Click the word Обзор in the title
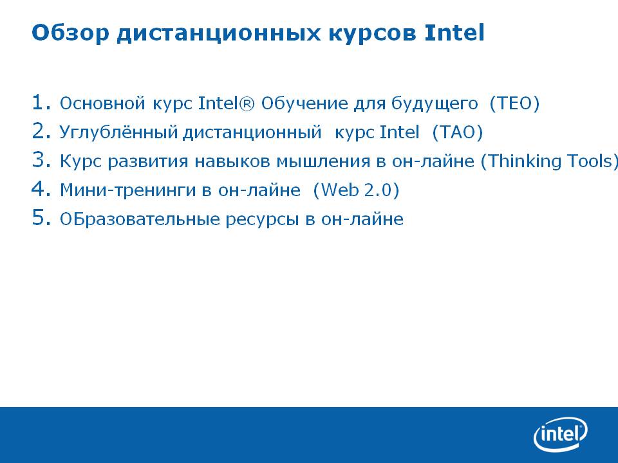click(x=70, y=33)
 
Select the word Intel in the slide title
click(x=454, y=32)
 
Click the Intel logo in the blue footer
click(x=561, y=434)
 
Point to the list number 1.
click(x=41, y=102)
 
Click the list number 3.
click(x=41, y=160)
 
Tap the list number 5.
click(x=41, y=217)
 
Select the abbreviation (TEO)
click(x=514, y=104)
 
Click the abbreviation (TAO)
click(x=458, y=132)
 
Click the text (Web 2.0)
click(x=356, y=190)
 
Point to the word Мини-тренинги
click(x=127, y=190)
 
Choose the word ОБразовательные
click(x=140, y=219)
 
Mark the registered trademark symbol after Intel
click(x=247, y=104)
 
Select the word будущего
click(x=435, y=104)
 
